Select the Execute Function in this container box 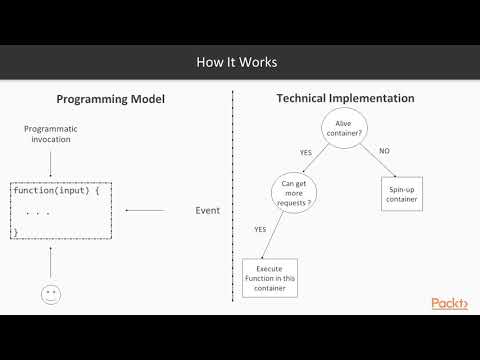(270, 278)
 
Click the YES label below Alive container (306, 152)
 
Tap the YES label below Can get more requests (260, 229)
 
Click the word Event (207, 210)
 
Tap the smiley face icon (49, 296)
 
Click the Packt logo (451, 303)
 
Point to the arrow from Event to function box (146, 210)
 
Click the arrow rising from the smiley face (49, 261)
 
